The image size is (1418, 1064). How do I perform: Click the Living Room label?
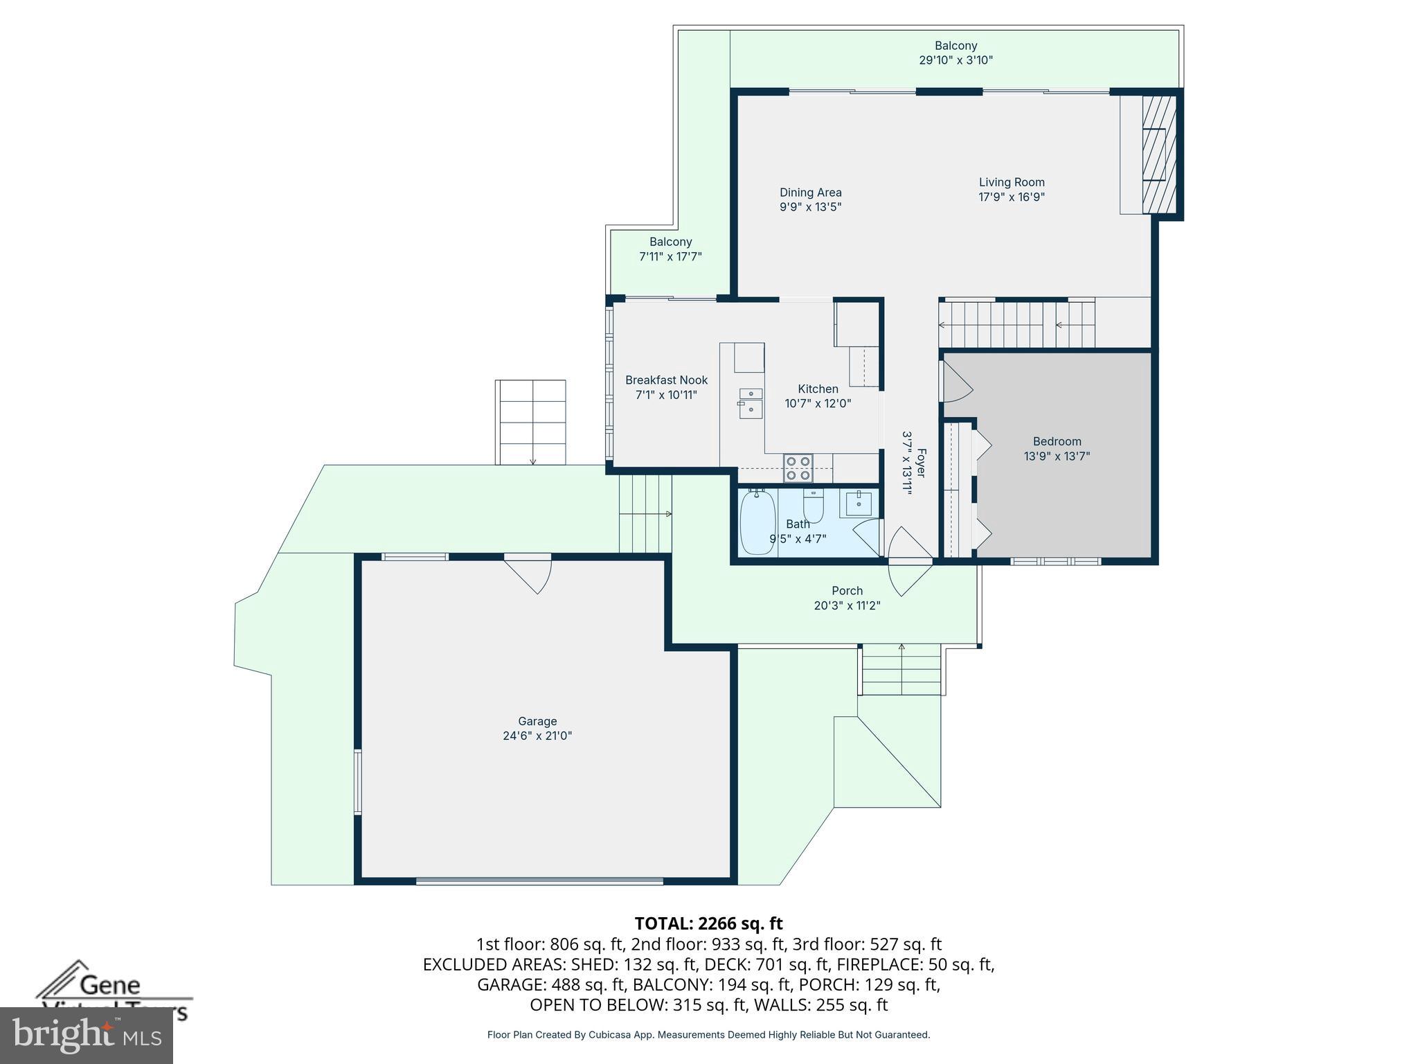coord(1011,182)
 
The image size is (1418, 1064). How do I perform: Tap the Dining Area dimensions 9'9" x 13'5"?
coord(810,207)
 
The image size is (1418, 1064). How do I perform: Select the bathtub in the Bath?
coord(757,522)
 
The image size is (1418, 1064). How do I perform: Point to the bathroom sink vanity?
coord(859,503)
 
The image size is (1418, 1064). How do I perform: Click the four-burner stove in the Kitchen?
coord(798,468)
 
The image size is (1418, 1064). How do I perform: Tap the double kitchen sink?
coord(751,402)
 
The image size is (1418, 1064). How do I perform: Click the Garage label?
coord(537,721)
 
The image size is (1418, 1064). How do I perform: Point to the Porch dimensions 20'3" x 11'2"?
coord(847,605)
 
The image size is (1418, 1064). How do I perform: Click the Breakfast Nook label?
coord(666,380)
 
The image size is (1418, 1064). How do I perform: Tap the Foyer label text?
coord(922,463)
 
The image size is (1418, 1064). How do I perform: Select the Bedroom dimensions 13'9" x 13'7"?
coord(1057,456)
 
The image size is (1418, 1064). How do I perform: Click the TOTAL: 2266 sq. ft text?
coord(708,923)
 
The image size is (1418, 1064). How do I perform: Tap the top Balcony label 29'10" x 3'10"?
coord(955,53)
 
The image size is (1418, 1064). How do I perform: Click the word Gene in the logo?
coord(110,985)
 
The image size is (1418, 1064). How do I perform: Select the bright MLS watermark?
coord(86,1035)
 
